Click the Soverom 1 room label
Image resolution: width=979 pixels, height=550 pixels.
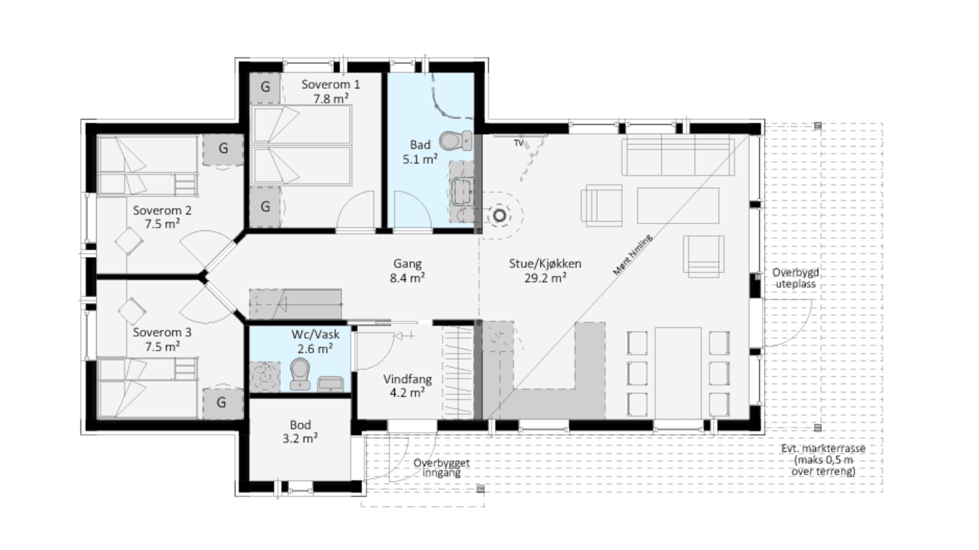pos(331,85)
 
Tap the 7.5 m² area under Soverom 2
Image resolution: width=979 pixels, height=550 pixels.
pos(162,224)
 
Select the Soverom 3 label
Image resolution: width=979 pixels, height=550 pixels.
pos(162,332)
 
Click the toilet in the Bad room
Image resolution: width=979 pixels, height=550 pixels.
pos(455,140)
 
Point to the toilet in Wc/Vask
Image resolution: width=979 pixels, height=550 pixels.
pos(300,374)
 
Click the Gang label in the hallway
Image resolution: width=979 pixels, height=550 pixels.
pos(407,264)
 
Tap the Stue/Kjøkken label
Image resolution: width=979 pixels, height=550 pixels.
pos(545,264)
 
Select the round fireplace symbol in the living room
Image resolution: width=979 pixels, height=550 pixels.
pos(499,216)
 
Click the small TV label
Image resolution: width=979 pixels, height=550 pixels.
pos(518,143)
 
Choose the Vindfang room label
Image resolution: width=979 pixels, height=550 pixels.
pos(407,379)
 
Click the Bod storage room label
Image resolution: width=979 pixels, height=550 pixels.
pos(300,425)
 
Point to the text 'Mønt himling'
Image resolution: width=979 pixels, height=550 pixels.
pos(632,255)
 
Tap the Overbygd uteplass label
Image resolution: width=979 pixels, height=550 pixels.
pos(796,278)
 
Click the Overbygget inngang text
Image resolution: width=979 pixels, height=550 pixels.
pos(441,468)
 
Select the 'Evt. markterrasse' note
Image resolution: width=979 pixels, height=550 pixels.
pos(823,448)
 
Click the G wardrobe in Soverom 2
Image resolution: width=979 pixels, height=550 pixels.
pos(223,148)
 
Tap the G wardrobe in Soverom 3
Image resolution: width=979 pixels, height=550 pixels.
pos(221,402)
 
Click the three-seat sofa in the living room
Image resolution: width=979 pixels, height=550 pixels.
pos(678,155)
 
